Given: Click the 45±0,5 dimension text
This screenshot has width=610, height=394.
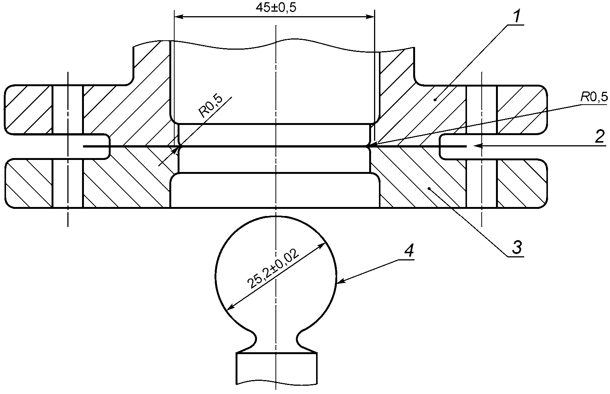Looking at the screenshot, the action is [x=275, y=8].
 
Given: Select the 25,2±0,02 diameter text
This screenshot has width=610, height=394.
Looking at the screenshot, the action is [x=274, y=268].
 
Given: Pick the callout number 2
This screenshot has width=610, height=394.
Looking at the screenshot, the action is [x=600, y=137].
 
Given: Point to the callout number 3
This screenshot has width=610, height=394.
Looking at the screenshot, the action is [x=517, y=247].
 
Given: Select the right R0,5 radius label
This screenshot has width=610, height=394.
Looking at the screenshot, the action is [x=594, y=97].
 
